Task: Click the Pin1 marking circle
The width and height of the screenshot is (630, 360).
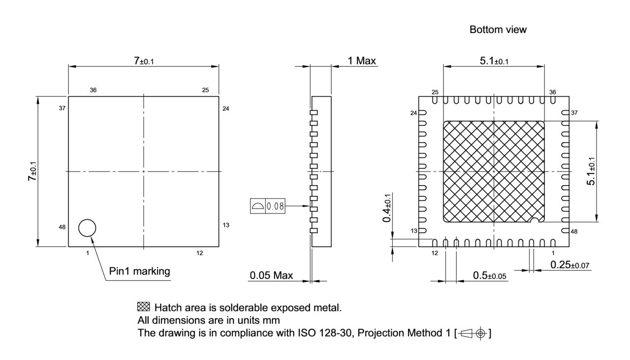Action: tap(87, 228)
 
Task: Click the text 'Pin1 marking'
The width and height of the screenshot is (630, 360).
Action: tap(139, 271)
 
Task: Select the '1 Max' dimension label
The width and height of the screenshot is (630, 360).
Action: tap(362, 61)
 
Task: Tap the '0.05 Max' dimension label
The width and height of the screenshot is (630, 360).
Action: tap(271, 275)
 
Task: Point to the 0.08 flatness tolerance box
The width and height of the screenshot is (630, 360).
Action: tap(268, 207)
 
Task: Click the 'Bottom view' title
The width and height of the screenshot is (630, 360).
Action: tap(498, 30)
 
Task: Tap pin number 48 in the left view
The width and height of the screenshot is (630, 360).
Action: tap(63, 227)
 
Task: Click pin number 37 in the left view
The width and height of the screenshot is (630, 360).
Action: tap(63, 108)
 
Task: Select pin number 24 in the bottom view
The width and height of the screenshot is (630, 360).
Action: tap(414, 113)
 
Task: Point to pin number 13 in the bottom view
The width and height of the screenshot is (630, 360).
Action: tap(414, 231)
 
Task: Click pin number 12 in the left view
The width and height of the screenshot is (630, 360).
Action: tap(200, 253)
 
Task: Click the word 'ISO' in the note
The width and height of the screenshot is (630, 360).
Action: tap(305, 333)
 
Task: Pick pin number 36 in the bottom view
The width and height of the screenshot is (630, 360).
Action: tap(553, 92)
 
